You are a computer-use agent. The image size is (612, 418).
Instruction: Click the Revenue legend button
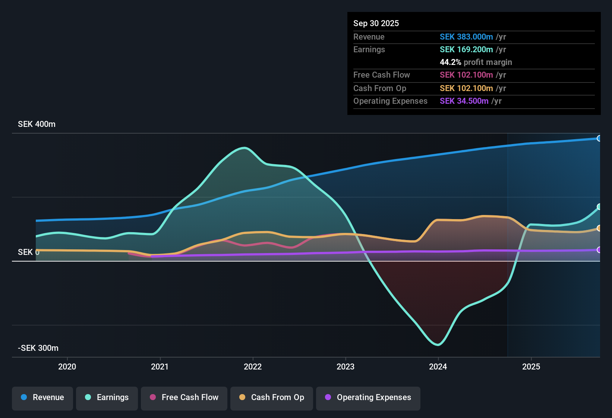coord(42,397)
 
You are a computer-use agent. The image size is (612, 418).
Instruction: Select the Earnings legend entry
coord(107,397)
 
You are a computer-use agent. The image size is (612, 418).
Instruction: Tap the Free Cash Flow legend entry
coord(184,397)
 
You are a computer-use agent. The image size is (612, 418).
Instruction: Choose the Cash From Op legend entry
coord(272,397)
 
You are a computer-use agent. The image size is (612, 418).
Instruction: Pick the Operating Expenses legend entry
coord(368,397)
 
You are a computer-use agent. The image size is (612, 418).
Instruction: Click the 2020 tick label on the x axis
coord(67,366)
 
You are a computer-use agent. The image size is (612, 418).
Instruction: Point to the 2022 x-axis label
coord(253,366)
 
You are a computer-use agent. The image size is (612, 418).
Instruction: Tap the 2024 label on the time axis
coord(438,366)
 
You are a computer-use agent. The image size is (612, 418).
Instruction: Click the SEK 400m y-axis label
coord(37,124)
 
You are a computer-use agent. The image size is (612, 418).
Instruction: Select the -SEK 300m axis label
coord(38,348)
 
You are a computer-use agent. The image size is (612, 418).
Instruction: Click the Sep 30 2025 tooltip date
coord(376,24)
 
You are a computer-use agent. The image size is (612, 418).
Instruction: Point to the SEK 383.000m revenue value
coord(466,37)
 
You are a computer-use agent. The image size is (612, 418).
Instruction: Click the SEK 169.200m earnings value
coord(466,50)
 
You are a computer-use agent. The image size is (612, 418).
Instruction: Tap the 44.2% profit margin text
coord(476,62)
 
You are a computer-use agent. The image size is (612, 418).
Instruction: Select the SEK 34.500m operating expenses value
coord(464,101)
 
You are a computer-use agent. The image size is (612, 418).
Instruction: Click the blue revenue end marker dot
coord(599,138)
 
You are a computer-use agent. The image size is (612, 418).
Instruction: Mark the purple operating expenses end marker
coord(599,250)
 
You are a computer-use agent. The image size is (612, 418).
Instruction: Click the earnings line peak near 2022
coord(244,148)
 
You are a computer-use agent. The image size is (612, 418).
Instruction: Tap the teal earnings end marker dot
coord(599,207)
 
